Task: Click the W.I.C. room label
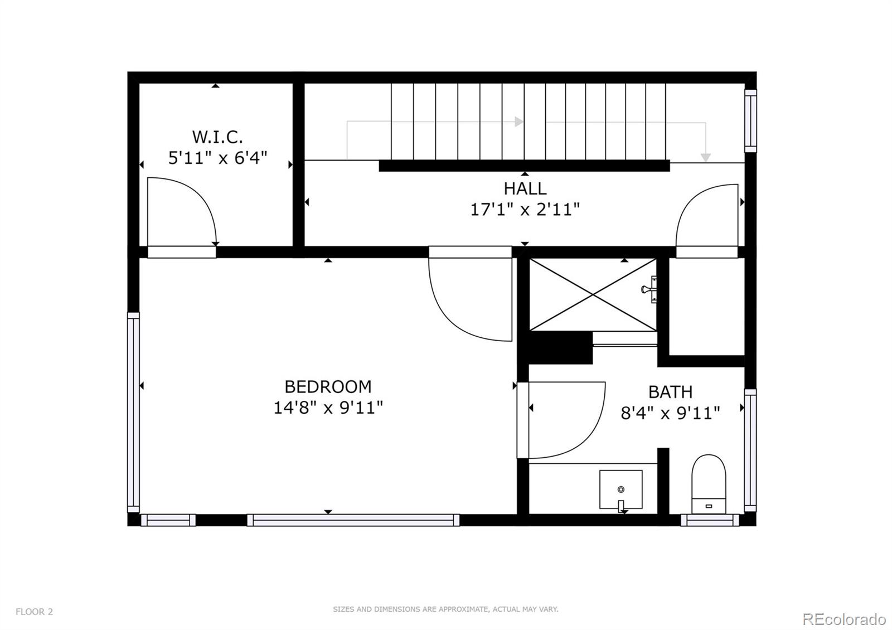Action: click(x=217, y=137)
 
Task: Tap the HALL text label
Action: click(x=525, y=188)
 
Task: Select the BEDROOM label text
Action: click(x=328, y=386)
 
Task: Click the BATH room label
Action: click(x=670, y=392)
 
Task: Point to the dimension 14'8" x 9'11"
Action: click(x=328, y=408)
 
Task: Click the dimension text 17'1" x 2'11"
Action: click(x=525, y=210)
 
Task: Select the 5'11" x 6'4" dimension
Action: click(x=217, y=158)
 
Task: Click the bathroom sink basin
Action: click(x=620, y=490)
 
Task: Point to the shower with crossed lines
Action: click(x=592, y=294)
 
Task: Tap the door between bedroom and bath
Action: click(x=563, y=420)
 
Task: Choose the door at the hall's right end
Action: click(x=708, y=217)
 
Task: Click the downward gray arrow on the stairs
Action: click(x=706, y=157)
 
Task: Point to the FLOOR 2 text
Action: click(x=34, y=612)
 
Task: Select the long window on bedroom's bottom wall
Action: click(x=353, y=520)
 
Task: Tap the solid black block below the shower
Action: click(x=560, y=348)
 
